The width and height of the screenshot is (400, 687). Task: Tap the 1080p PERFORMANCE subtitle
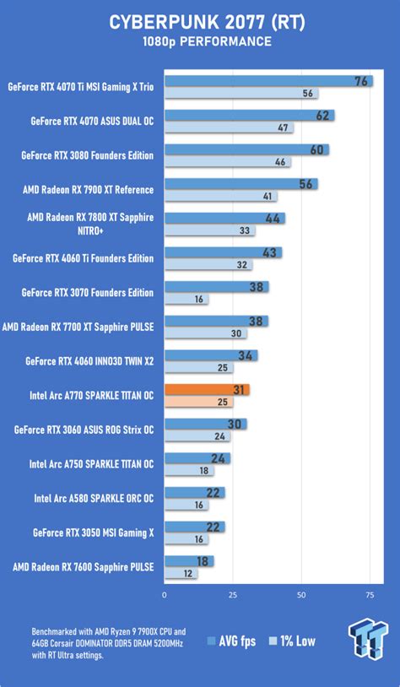(x=200, y=41)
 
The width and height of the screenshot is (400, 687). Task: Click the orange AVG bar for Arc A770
(x=207, y=389)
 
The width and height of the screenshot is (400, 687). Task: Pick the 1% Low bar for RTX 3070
(x=186, y=299)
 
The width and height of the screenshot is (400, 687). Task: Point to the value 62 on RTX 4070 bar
(x=324, y=116)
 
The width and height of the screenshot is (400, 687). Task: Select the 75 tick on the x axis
(x=370, y=595)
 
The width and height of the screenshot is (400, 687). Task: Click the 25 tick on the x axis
(x=232, y=595)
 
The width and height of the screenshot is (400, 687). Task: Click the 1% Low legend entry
(x=292, y=641)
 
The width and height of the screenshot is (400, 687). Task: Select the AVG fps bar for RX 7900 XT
(x=241, y=184)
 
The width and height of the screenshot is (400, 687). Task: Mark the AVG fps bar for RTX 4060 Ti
(x=223, y=252)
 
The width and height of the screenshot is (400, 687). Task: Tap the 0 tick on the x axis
(x=165, y=595)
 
